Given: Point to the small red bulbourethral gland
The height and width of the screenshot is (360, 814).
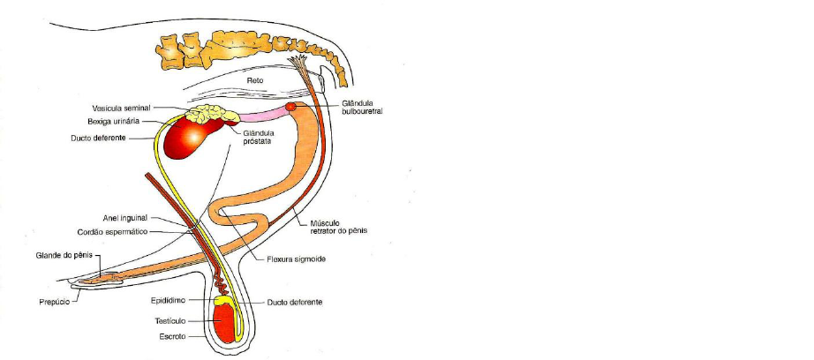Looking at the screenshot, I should [290, 107].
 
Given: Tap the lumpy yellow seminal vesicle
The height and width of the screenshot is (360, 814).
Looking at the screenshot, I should [213, 114].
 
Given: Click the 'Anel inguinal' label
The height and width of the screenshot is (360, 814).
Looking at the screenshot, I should [128, 217].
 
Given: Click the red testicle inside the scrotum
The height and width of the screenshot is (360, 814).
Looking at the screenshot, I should [227, 324].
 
